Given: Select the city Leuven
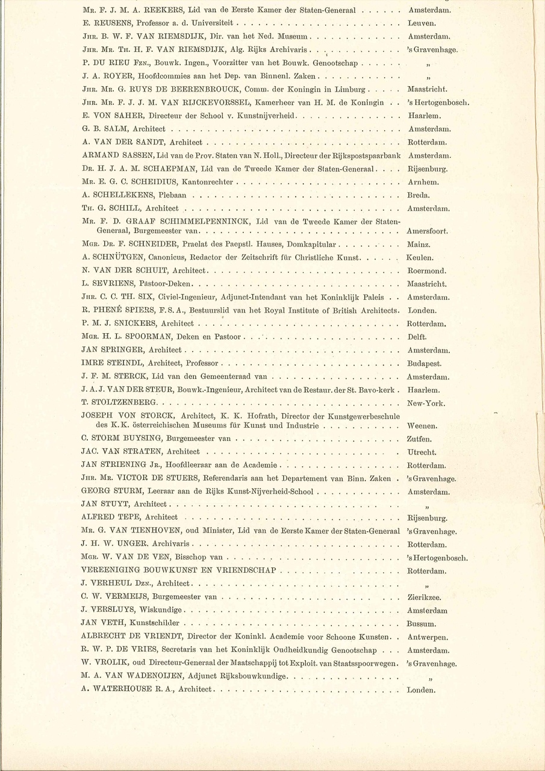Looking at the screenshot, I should point(422,23).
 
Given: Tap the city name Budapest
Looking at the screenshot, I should point(425,364).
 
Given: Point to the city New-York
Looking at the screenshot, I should point(427,403).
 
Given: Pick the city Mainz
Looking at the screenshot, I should point(419,245).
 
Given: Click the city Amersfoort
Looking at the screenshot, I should point(431,231).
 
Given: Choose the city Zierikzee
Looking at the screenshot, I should point(425,598).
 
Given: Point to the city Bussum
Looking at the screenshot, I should point(422,624).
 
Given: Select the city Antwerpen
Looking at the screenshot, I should point(428,637).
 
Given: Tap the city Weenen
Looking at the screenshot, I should point(422,426).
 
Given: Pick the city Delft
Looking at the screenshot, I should point(417,337).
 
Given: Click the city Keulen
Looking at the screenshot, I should point(420,258).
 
